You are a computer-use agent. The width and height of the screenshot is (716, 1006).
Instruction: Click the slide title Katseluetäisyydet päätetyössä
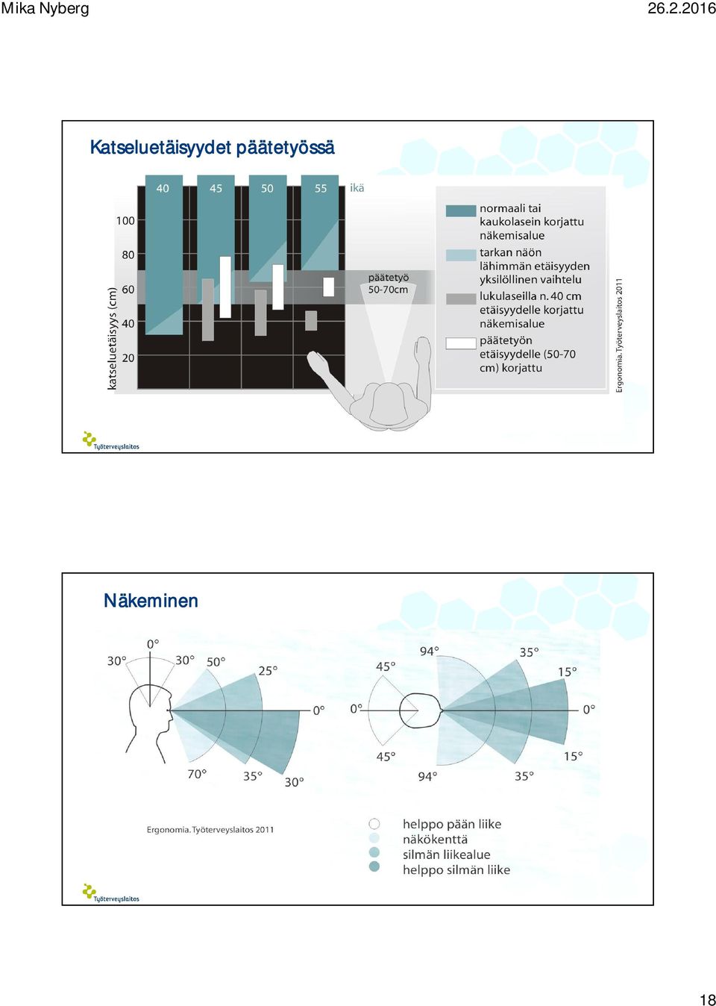[212, 148]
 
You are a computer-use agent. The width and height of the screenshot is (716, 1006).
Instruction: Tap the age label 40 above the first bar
[163, 189]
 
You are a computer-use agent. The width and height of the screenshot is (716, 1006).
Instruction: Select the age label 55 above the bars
[321, 189]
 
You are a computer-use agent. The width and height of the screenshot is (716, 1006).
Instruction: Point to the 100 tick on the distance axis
[125, 220]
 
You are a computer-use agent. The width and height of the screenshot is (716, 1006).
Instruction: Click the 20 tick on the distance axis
[128, 358]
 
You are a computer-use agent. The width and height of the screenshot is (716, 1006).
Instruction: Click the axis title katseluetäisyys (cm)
[112, 338]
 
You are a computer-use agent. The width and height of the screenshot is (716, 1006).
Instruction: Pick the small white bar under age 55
[329, 287]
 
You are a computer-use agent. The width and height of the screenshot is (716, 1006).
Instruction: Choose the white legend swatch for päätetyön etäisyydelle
[461, 343]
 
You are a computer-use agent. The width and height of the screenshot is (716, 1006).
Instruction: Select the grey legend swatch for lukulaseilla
[461, 299]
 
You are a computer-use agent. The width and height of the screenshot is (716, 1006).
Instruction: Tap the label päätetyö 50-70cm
[389, 284]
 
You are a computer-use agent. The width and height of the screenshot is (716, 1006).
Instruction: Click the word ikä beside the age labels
[357, 188]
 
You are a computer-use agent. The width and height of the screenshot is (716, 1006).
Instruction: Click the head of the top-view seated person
[389, 404]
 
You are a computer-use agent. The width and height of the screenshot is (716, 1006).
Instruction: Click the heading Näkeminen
[151, 600]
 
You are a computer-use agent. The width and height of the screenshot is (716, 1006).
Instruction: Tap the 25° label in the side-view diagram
[268, 671]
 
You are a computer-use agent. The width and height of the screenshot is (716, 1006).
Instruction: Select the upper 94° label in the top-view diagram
[429, 652]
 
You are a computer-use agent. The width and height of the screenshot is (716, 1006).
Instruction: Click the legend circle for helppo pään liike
[374, 824]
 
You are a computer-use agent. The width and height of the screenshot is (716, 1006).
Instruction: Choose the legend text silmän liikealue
[446, 854]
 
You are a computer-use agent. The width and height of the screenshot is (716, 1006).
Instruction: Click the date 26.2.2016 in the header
[682, 8]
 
